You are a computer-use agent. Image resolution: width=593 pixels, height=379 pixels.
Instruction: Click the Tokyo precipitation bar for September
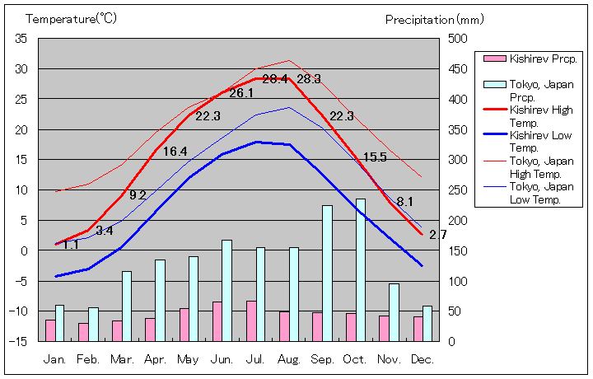pos(327,273)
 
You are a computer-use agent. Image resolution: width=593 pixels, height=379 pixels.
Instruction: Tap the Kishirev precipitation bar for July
pos(251,321)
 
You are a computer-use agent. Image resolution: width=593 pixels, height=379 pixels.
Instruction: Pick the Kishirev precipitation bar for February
pos(83,331)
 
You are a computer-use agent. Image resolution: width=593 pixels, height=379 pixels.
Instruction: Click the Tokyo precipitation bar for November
pos(394,311)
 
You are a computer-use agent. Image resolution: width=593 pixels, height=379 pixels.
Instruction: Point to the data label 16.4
pos(175,152)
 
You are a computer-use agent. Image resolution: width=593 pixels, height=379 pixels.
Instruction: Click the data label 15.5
pos(375,157)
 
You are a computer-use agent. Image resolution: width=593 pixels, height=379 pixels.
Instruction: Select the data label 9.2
pos(138,195)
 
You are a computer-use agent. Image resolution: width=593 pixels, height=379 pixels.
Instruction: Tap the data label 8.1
pos(405,201)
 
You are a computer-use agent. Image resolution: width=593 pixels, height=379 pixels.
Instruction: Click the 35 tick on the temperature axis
pos(21,39)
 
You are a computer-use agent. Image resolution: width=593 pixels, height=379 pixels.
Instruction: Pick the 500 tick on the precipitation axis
pos(457,39)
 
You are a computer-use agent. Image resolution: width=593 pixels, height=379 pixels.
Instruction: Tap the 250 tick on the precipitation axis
pos(457,190)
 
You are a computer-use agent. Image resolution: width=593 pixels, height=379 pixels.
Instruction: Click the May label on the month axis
pos(188,360)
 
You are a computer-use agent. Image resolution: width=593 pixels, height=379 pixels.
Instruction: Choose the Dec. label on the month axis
pos(422,360)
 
